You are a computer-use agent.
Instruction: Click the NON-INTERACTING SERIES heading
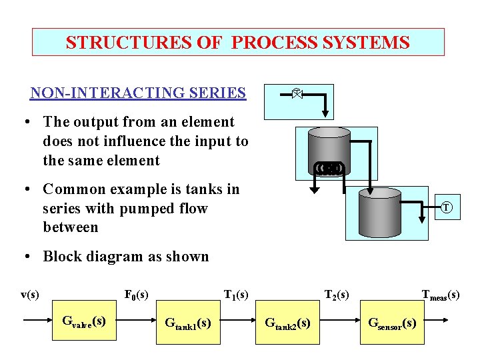pyautogui.click(x=138, y=93)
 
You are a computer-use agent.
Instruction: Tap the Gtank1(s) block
pyautogui.click(x=187, y=323)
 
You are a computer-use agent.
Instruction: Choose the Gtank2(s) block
pyautogui.click(x=287, y=323)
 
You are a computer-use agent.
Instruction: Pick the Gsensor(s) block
pyautogui.click(x=393, y=323)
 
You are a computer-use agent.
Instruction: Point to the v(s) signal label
pyautogui.click(x=30, y=294)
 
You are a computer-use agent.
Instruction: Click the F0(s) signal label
pyautogui.click(x=137, y=294)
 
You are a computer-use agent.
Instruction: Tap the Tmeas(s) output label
pyautogui.click(x=440, y=294)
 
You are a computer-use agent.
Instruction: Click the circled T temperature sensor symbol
pyautogui.click(x=447, y=208)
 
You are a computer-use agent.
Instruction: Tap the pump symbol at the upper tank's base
pyautogui.click(x=329, y=167)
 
